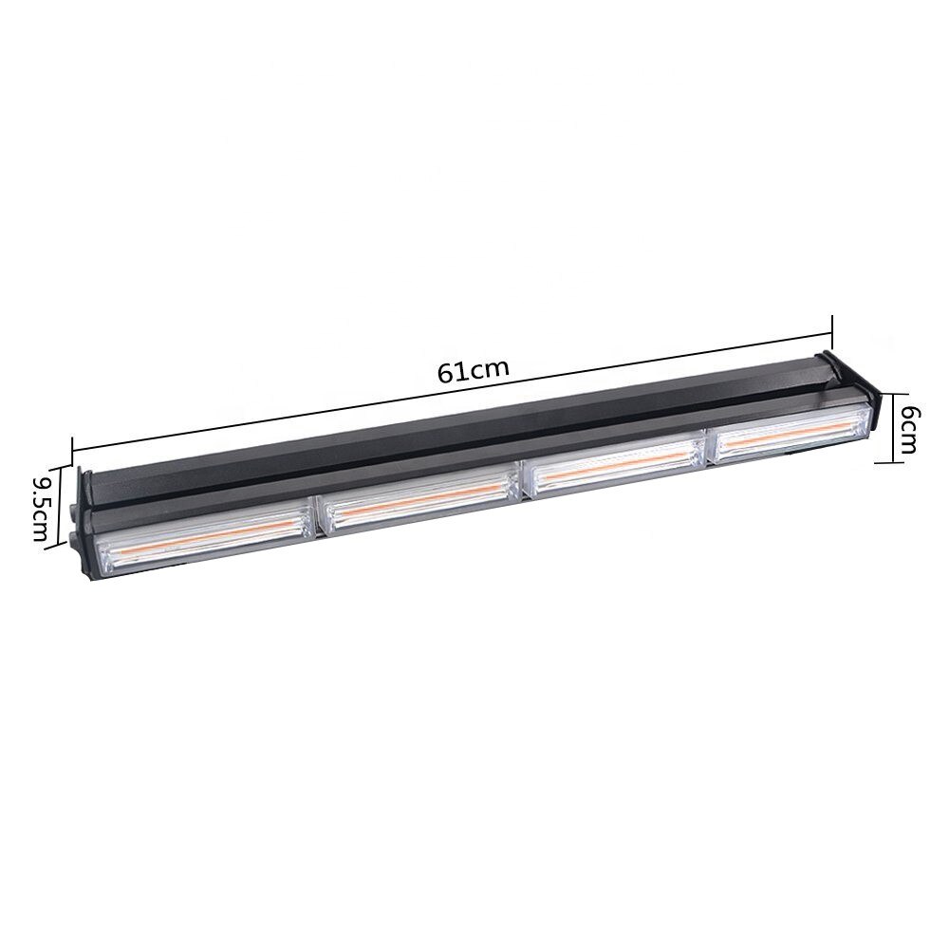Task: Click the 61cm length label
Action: click(x=474, y=370)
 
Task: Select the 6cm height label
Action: click(x=908, y=429)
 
